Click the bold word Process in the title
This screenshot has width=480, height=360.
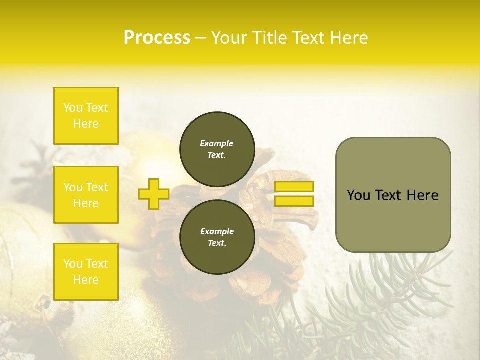click(157, 38)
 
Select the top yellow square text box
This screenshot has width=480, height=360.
click(86, 116)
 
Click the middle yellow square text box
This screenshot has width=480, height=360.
click(86, 195)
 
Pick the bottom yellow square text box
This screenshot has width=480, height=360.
click(86, 271)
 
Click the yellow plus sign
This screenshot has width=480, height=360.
click(154, 194)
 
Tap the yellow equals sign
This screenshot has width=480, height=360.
click(294, 194)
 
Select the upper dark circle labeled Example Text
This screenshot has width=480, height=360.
click(217, 149)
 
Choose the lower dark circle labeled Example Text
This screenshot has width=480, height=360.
click(217, 237)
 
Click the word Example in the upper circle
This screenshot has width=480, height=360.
click(217, 143)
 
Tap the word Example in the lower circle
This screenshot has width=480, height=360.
click(217, 231)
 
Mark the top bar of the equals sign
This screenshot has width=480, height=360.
click(294, 186)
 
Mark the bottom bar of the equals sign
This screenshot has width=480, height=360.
click(294, 201)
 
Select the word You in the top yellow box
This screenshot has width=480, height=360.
click(72, 108)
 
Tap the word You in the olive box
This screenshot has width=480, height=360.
click(358, 195)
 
